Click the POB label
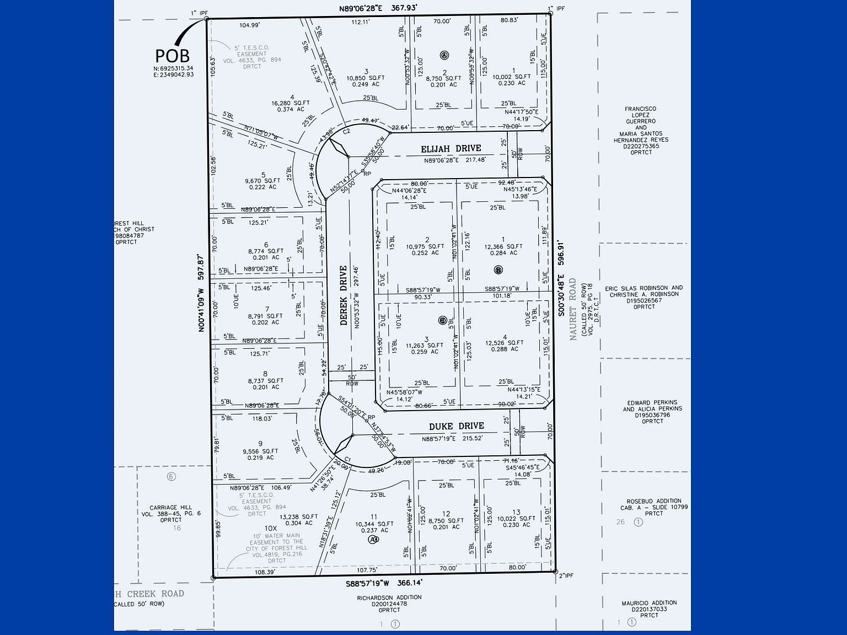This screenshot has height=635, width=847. point(172,55)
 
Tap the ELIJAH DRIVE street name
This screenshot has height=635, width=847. point(451,149)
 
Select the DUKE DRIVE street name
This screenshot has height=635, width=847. point(457,426)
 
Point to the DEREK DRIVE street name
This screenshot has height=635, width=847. point(344,295)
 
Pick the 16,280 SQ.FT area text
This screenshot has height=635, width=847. point(291,103)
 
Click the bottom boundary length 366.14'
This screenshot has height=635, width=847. point(404,582)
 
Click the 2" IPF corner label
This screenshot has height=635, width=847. point(566,576)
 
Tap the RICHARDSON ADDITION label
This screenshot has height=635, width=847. point(389,598)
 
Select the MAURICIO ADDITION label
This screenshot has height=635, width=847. point(649,603)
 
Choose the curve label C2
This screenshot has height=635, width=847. point(346,132)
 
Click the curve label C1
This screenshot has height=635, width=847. point(347,459)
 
